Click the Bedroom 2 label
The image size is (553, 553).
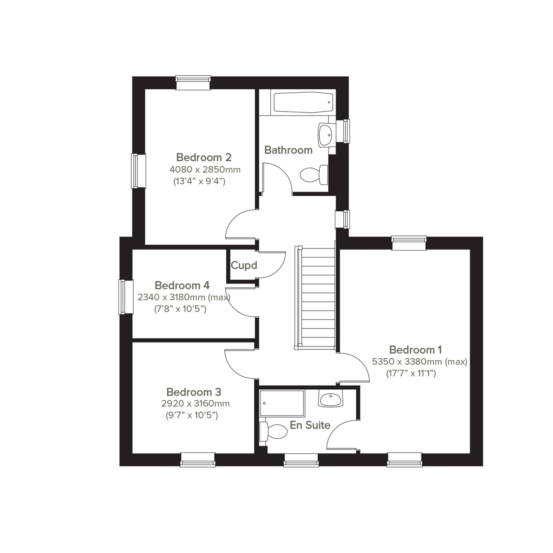204,157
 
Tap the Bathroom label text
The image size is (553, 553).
288,150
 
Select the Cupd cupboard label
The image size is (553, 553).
244,265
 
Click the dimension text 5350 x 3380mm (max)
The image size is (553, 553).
420,362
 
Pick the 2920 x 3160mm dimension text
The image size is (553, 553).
196,404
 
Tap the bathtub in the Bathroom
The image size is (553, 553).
303,102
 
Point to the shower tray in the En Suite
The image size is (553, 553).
282,404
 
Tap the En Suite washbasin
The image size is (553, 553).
331,398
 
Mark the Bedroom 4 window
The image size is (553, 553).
126,297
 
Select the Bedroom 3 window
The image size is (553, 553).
198,460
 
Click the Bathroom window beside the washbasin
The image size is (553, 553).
343,131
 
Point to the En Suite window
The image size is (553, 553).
301,460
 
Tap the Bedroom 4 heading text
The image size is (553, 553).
182,285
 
